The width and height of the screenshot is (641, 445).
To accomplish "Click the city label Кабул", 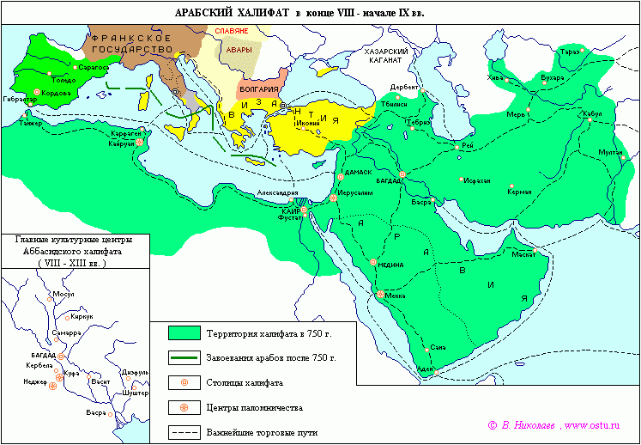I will point(591,113).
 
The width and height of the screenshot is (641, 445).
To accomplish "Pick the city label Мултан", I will point(610,151).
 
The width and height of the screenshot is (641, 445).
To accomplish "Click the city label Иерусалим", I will point(354,194).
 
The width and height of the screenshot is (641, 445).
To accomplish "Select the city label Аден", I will point(425,369).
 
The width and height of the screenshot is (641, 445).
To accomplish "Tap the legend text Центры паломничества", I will point(248,408).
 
